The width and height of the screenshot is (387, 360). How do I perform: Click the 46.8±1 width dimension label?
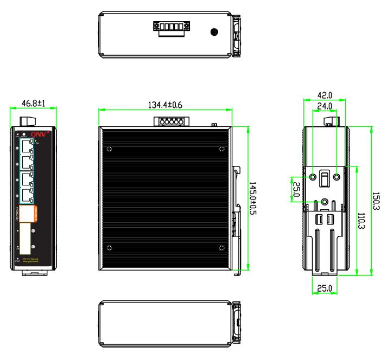click(34, 103)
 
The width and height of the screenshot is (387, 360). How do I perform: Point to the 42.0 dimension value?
click(325, 93)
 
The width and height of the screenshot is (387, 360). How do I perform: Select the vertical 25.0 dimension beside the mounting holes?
click(296, 189)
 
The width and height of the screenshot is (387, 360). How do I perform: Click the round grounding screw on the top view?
click(214, 33)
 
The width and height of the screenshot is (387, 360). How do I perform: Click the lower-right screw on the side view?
click(220, 248)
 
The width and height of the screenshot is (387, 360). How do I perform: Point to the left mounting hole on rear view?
click(313, 177)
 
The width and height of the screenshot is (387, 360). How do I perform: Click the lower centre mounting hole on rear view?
click(325, 202)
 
